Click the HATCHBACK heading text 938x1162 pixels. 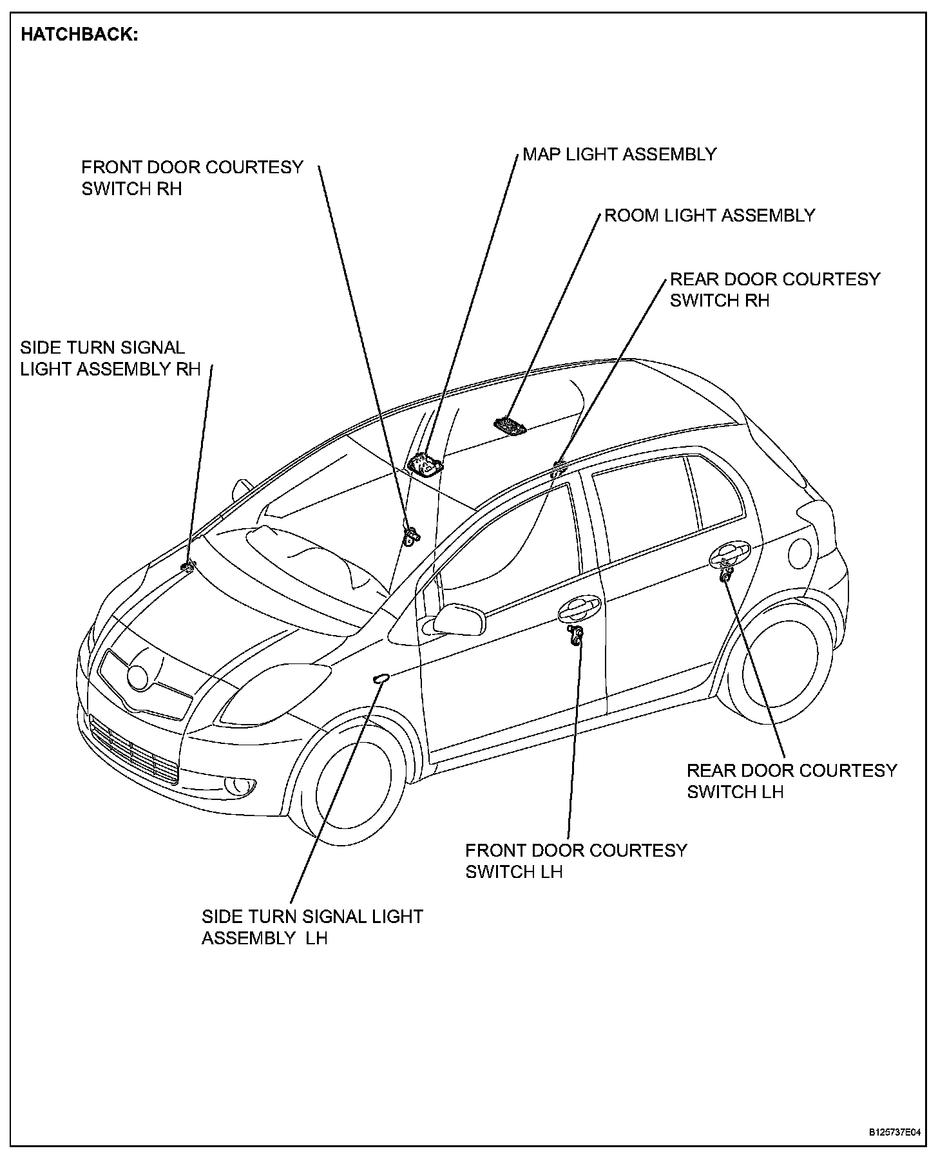coord(79,35)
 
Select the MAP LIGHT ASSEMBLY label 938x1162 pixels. coord(619,155)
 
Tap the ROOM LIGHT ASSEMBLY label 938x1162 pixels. coord(709,215)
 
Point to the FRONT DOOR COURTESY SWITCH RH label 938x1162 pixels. coord(191,178)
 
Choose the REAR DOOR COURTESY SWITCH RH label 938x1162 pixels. coord(774,290)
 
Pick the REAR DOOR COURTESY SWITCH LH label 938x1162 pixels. coord(791,781)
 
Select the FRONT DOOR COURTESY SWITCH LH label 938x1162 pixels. coord(576,861)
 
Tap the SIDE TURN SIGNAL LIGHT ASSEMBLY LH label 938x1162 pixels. coord(312,927)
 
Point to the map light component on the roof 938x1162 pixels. coord(425,464)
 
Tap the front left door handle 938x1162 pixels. coord(580,607)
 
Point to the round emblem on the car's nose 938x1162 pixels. coord(138,676)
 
